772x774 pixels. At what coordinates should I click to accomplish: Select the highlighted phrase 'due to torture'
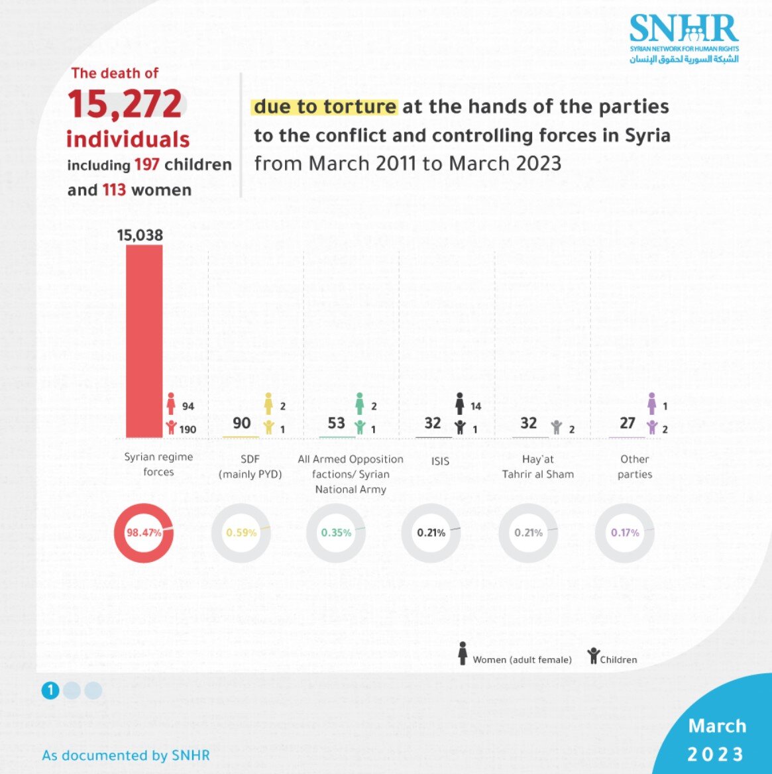[x=325, y=107]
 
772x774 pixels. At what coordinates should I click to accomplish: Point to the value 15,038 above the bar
[x=140, y=235]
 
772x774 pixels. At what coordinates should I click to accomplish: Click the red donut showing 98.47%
[x=144, y=532]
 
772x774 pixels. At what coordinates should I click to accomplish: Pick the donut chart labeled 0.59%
[x=241, y=532]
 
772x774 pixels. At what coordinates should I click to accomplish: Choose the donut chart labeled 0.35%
[x=336, y=532]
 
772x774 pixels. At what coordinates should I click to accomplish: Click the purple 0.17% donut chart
[x=625, y=532]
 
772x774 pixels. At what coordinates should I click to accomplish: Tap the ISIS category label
[x=439, y=461]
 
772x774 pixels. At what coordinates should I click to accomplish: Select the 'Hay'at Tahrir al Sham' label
[x=537, y=467]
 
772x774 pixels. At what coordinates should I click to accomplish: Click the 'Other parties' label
[x=634, y=467]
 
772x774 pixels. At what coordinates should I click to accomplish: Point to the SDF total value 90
[x=242, y=423]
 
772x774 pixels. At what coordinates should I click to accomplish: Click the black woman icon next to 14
[x=460, y=403]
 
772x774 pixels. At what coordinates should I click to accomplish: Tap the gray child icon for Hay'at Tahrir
[x=557, y=427]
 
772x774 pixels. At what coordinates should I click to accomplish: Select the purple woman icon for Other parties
[x=652, y=403]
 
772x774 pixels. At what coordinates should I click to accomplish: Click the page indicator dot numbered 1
[x=50, y=691]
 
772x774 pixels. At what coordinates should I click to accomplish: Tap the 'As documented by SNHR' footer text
[x=126, y=755]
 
